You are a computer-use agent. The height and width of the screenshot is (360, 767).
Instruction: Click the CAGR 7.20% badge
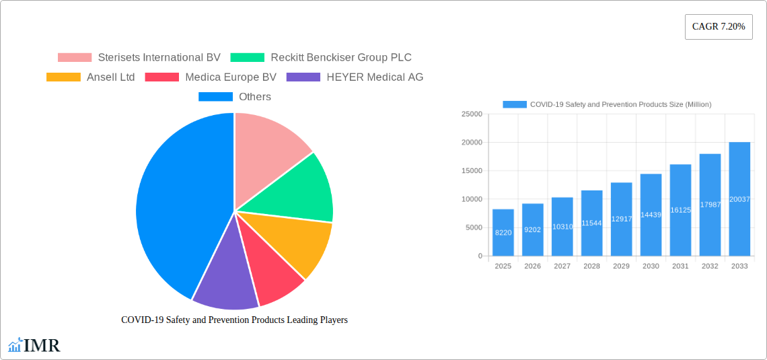pyautogui.click(x=718, y=27)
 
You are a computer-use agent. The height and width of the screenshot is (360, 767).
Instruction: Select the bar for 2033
pyautogui.click(x=739, y=199)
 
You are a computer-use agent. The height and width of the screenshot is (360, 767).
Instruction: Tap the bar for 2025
pyautogui.click(x=503, y=233)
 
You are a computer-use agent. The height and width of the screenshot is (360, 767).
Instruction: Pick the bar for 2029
pyautogui.click(x=621, y=219)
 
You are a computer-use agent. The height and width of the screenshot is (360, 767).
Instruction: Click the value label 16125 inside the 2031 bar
pyautogui.click(x=680, y=210)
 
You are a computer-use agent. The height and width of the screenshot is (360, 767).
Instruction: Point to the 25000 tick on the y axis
pyautogui.click(x=472, y=114)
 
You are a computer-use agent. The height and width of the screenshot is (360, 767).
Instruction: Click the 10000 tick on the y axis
pyautogui.click(x=472, y=199)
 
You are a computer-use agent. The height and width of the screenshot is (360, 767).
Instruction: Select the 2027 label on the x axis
pyautogui.click(x=562, y=266)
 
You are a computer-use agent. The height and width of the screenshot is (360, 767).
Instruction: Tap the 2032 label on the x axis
pyautogui.click(x=710, y=266)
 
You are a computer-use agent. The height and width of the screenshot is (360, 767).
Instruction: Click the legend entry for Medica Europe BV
pyautogui.click(x=211, y=77)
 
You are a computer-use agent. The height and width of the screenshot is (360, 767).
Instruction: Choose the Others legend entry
pyautogui.click(x=235, y=97)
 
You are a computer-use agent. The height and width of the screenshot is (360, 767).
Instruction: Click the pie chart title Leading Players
pyautogui.click(x=234, y=320)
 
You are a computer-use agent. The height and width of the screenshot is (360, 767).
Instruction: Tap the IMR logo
pyautogui.click(x=34, y=346)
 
